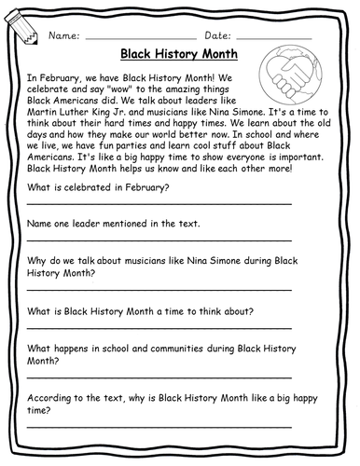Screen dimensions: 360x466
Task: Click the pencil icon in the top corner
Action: tap(21, 30)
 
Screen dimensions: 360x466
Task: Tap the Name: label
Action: tap(62, 35)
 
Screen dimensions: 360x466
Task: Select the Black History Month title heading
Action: tap(179, 55)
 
